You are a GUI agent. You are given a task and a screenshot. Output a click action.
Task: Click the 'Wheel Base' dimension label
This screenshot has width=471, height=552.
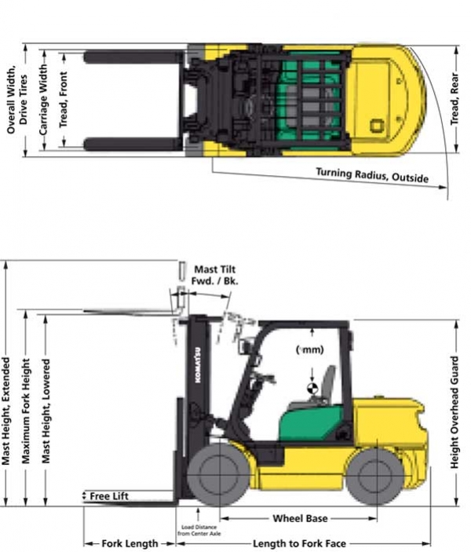(x=300, y=519)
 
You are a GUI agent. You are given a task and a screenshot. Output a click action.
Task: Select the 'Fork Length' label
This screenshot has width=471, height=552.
(x=130, y=543)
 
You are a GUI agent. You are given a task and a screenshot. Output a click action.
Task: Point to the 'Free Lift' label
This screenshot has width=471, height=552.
(x=108, y=496)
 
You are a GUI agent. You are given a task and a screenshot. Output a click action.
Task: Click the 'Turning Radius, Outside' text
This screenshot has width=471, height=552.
(x=372, y=174)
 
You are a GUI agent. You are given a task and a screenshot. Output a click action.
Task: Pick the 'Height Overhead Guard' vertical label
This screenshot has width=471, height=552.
(x=454, y=411)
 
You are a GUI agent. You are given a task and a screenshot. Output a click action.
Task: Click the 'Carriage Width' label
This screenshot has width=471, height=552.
(x=45, y=101)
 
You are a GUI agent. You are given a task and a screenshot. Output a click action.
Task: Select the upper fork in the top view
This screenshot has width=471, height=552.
(x=133, y=57)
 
